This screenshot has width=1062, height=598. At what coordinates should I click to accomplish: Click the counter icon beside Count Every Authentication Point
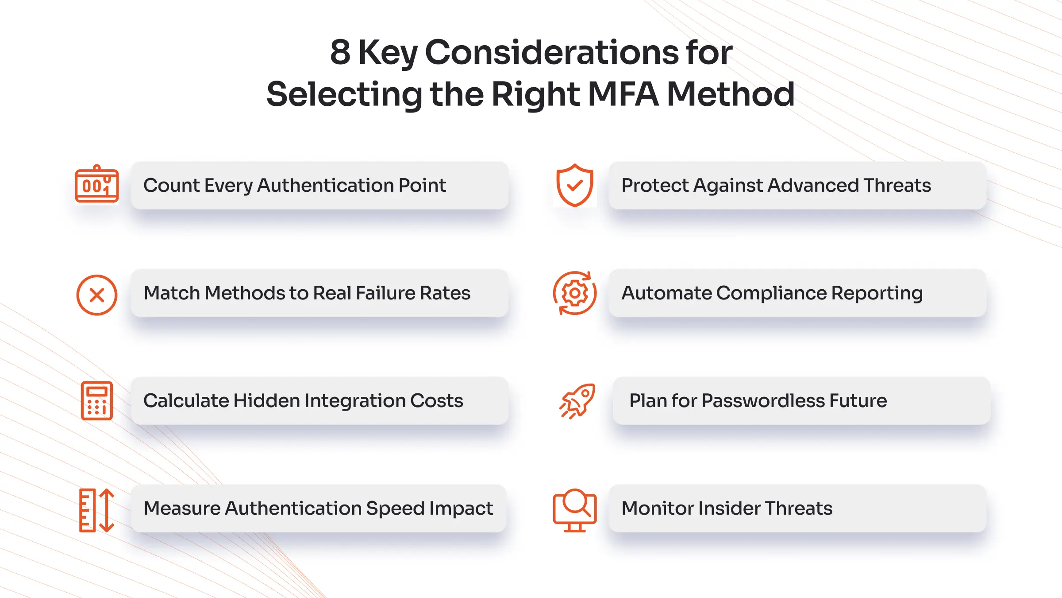tap(97, 185)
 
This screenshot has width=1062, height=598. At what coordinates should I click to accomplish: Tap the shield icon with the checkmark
tap(574, 185)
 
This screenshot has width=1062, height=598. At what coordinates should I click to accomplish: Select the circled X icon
tap(97, 295)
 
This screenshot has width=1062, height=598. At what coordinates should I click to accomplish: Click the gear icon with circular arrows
tap(574, 293)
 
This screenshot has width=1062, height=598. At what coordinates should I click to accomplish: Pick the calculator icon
tap(97, 400)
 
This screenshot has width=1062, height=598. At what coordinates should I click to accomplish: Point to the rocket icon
tap(577, 401)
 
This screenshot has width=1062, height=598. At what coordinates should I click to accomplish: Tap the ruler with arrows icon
tap(97, 510)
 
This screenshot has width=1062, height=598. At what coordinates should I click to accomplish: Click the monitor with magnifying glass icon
tap(574, 510)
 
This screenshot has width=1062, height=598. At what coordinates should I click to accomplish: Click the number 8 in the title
tap(340, 52)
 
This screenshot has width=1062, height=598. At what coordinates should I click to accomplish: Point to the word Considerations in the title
tap(551, 52)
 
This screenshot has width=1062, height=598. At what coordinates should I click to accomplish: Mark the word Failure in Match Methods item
tap(385, 293)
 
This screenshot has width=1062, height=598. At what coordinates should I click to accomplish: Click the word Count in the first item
tap(171, 186)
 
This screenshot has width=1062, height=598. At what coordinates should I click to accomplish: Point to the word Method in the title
tap(731, 94)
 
